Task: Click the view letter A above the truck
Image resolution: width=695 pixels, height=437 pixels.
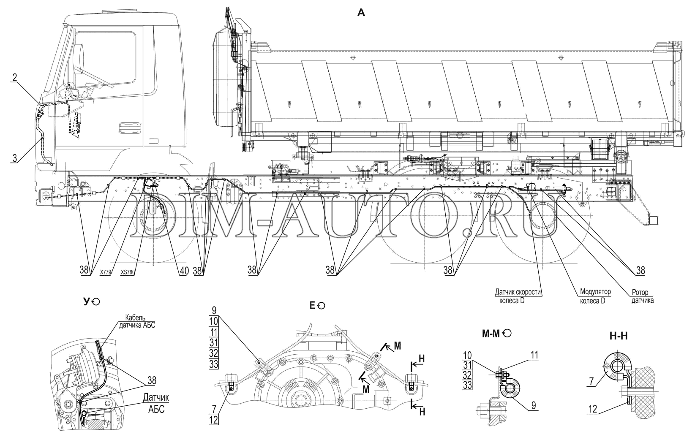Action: (x=361, y=13)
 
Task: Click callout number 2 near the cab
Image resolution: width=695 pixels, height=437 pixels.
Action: (x=14, y=77)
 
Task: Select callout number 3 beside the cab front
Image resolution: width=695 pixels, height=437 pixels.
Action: (x=14, y=158)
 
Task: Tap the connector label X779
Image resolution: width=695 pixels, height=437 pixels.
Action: (x=106, y=273)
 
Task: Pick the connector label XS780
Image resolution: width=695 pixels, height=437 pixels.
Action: (x=128, y=273)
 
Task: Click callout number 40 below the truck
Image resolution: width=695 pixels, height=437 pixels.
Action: (x=183, y=271)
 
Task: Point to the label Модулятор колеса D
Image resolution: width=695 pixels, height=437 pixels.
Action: (x=592, y=296)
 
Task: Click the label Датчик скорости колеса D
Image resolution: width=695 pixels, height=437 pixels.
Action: (x=518, y=296)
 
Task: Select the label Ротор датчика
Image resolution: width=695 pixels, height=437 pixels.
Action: (x=642, y=296)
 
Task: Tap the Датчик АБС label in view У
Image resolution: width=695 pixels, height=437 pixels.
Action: (x=156, y=403)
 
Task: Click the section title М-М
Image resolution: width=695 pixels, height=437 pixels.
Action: (x=492, y=334)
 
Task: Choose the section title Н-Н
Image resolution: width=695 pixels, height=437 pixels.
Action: (x=619, y=337)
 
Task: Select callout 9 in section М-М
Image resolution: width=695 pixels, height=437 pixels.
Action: (x=534, y=405)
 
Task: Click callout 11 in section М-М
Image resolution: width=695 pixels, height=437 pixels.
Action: (x=534, y=355)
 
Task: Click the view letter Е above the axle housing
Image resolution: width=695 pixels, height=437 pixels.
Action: (x=313, y=306)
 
